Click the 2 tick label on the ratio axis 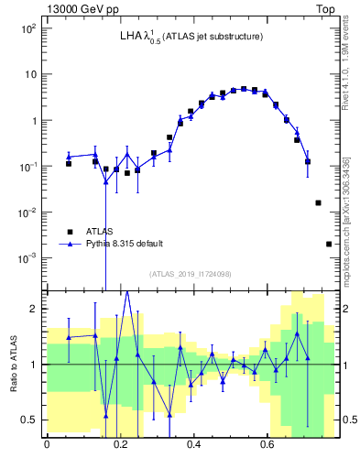click(x=35, y=309)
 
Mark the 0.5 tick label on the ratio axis click(x=31, y=420)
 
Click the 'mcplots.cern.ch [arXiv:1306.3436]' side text click(x=345, y=219)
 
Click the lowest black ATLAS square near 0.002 click(x=329, y=244)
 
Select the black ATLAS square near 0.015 click(x=318, y=202)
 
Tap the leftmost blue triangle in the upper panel click(x=69, y=157)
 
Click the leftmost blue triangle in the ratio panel click(x=69, y=338)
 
